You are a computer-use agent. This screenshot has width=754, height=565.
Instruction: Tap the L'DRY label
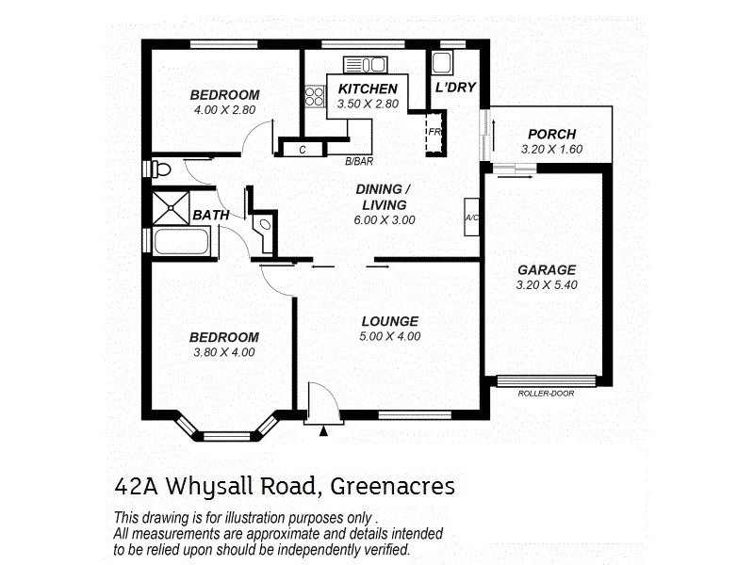454,88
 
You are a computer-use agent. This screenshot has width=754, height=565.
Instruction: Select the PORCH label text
551,135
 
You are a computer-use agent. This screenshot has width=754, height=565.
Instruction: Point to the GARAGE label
546,269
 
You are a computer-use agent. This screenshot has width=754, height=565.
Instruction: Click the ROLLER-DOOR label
546,394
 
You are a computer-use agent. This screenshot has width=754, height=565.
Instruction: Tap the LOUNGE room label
389,321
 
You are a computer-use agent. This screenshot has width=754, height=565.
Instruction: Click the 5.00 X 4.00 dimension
389,336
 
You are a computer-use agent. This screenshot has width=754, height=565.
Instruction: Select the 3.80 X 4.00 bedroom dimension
223,352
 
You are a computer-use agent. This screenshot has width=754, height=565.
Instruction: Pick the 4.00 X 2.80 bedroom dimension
224,109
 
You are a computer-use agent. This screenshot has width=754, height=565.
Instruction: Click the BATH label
211,216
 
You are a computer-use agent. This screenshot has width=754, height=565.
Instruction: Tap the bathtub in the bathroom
181,243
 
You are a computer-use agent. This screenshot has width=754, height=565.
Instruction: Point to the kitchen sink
368,64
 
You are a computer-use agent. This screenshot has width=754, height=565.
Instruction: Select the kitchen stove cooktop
314,96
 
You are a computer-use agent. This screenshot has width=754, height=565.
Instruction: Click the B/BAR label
356,161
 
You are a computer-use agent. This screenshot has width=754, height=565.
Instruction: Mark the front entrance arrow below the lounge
323,431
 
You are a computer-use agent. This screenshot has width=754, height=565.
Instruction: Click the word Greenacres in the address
392,486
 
